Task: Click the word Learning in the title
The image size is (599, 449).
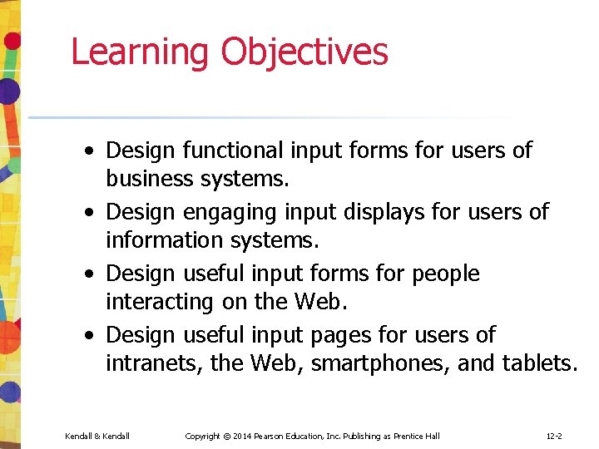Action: point(141,52)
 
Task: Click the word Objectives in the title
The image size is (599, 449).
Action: point(304,52)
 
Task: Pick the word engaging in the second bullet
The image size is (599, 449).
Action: point(266,212)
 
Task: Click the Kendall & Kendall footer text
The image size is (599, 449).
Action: point(97,437)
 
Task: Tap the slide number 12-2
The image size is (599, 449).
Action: point(554,437)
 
